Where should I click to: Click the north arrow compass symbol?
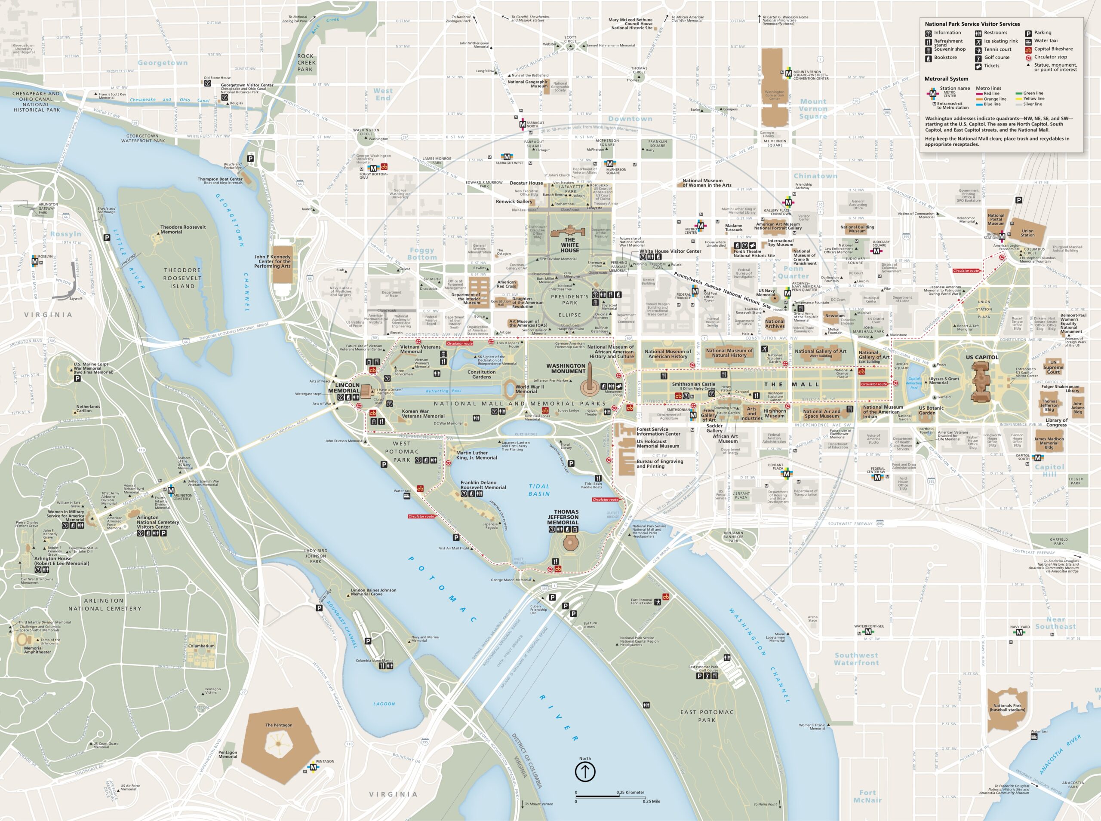click(x=585, y=772)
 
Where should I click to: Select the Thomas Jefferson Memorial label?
click(x=563, y=517)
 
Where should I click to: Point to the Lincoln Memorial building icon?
click(x=367, y=391)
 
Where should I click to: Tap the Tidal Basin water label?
click(x=539, y=490)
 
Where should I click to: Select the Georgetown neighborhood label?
click(x=163, y=63)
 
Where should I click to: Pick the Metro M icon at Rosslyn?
click(x=35, y=261)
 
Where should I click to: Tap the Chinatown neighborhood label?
click(x=815, y=176)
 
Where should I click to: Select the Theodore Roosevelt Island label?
click(x=182, y=278)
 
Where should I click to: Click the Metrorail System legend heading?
click(x=946, y=79)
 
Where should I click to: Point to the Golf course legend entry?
click(x=996, y=57)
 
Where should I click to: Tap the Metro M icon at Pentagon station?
click(x=313, y=767)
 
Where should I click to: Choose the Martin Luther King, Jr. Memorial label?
click(x=476, y=455)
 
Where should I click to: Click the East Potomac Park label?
click(x=707, y=716)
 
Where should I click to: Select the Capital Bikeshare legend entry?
click(x=1053, y=49)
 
